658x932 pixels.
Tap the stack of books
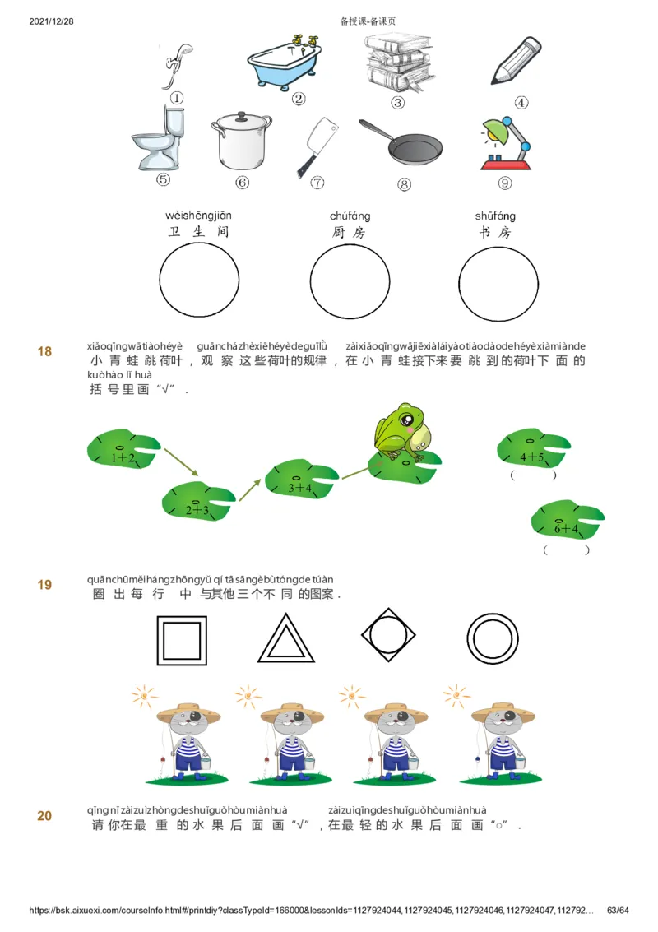pyautogui.click(x=397, y=64)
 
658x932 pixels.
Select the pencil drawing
pyautogui.click(x=516, y=63)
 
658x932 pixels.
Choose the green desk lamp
pyautogui.click(x=503, y=141)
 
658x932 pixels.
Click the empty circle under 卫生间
pyautogui.click(x=199, y=281)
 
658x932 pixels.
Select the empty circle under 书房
pyautogui.click(x=497, y=281)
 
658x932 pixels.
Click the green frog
pyautogui.click(x=400, y=432)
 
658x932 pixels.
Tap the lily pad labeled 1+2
pyautogui.click(x=123, y=452)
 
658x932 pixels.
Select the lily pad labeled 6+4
pyautogui.click(x=567, y=520)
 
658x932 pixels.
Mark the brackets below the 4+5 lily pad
pyautogui.click(x=533, y=475)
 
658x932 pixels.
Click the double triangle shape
pyautogui.click(x=286, y=639)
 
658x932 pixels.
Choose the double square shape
pyautogui.click(x=181, y=639)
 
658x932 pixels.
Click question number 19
pyautogui.click(x=44, y=585)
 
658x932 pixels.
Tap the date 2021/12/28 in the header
pyautogui.click(x=51, y=21)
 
